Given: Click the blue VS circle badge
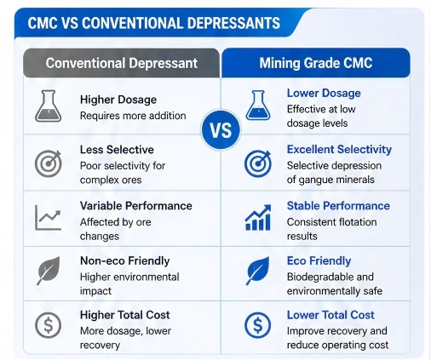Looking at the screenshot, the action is tap(221, 130).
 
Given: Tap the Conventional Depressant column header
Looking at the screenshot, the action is tap(121, 63).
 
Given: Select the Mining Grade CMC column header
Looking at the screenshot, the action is tap(316, 63).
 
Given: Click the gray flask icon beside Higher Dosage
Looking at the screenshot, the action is tap(48, 106).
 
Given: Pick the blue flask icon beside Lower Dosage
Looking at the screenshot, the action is tap(258, 106).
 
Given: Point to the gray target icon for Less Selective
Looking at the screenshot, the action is tap(49, 163).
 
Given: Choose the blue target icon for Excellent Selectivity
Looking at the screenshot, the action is tap(258, 163).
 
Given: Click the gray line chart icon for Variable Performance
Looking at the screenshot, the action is tap(48, 217).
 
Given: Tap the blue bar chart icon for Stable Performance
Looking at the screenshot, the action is tap(258, 217).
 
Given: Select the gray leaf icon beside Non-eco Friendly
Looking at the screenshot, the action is tap(49, 271).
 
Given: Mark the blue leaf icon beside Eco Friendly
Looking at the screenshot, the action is tap(257, 271).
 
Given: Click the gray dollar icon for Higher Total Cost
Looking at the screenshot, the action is tap(49, 325).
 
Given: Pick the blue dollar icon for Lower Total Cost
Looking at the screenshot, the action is tap(258, 325).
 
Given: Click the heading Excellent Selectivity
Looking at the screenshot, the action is tap(339, 150).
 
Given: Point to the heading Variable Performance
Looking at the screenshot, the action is tap(136, 206).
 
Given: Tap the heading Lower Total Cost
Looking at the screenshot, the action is tap(330, 315).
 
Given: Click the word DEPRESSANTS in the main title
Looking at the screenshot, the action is tap(233, 23).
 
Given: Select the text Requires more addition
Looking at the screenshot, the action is tap(133, 116).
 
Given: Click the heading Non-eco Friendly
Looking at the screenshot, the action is tap(125, 260).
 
